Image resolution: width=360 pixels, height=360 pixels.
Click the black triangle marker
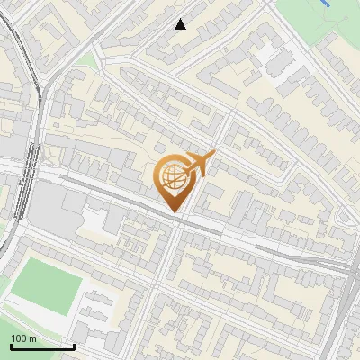point(181,24)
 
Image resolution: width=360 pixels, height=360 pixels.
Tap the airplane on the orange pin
point(200,163)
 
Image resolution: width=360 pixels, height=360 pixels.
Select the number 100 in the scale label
point(19,338)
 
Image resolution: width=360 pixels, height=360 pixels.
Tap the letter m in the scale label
point(32,338)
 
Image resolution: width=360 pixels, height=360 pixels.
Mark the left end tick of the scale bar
point(11,345)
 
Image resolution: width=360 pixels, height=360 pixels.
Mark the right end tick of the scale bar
point(74,345)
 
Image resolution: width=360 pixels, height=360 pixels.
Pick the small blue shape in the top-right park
point(325,4)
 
